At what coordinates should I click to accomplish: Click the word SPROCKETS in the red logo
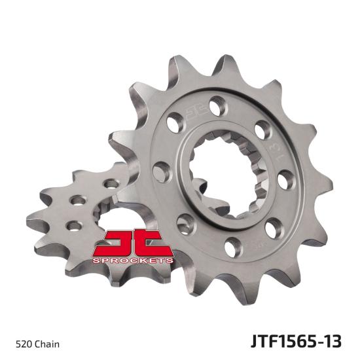pos(133,260)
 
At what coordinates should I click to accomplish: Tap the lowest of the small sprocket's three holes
pos(74,226)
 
